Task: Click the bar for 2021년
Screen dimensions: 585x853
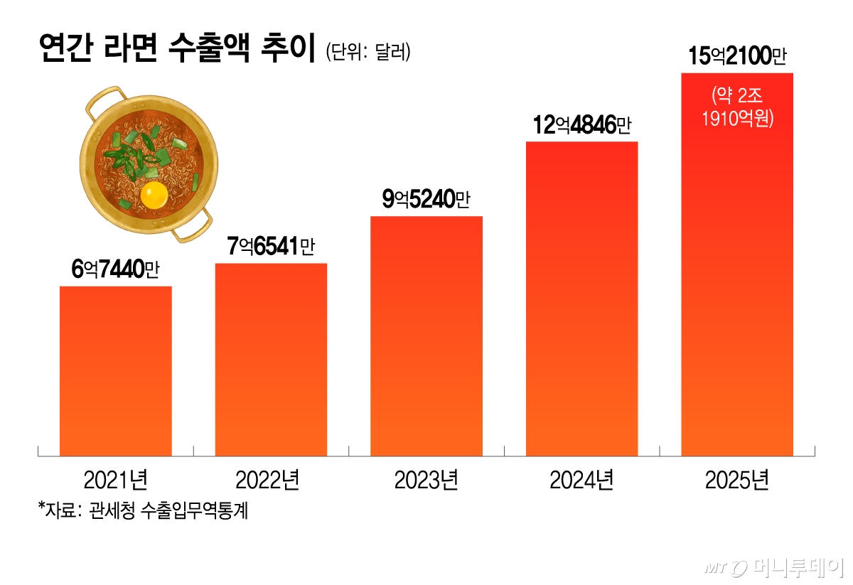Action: point(115,370)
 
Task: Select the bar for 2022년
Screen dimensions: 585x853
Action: point(271,359)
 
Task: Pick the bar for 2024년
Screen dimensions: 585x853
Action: point(581,299)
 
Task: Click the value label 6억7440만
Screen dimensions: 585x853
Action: point(116,270)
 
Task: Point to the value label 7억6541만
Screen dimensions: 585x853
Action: point(271,247)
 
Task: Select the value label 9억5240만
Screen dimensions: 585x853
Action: point(426,200)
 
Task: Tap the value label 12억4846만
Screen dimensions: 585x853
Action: point(581,126)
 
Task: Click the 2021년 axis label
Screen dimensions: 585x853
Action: point(115,481)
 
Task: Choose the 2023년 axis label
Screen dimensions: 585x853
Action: point(426,481)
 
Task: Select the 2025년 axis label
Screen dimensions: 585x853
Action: point(737,481)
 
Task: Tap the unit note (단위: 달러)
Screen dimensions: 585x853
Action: point(368,53)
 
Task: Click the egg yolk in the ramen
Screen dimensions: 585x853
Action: point(154,195)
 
